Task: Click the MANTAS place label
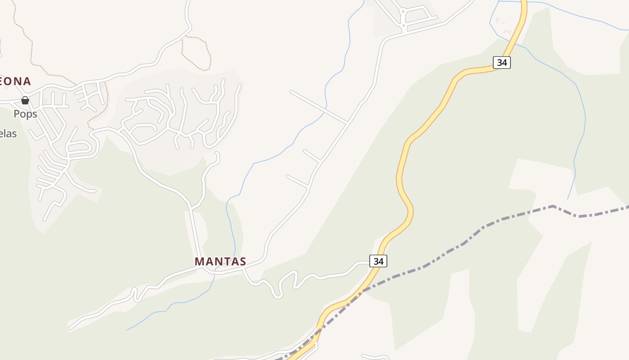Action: tap(220, 261)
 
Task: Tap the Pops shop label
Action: tap(25, 114)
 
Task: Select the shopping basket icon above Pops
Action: tap(25, 100)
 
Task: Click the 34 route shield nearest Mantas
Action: tap(378, 261)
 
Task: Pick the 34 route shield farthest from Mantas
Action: tap(502, 63)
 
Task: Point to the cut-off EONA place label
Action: tap(15, 81)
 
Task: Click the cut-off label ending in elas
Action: tap(8, 134)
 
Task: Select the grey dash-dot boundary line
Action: tap(494, 221)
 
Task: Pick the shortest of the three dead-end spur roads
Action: tap(311, 156)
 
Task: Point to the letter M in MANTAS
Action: tap(199, 261)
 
